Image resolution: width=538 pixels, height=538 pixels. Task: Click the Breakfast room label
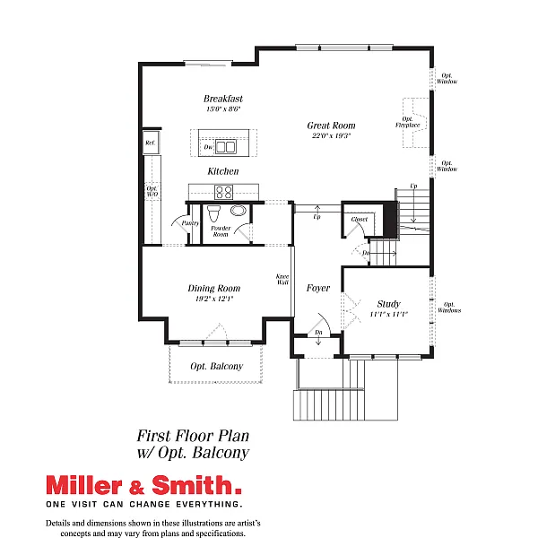(x=223, y=99)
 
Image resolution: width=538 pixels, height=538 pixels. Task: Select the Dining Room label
(x=213, y=289)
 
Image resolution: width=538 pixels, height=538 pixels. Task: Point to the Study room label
(x=388, y=304)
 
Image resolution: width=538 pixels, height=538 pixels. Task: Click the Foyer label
(x=318, y=289)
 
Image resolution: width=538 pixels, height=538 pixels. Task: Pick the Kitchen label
(x=223, y=171)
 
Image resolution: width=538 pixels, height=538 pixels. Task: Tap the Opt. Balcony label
(x=216, y=367)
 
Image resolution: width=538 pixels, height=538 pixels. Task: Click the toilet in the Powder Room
(x=213, y=215)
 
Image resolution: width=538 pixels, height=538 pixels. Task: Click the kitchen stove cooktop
(x=223, y=191)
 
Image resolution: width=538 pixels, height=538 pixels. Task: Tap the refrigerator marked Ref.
(x=150, y=143)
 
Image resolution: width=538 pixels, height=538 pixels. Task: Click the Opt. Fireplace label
(x=408, y=122)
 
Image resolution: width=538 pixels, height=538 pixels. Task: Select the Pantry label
(x=190, y=222)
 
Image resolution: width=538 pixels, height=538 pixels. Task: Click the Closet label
(x=360, y=219)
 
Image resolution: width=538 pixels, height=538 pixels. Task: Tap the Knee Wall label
(x=282, y=279)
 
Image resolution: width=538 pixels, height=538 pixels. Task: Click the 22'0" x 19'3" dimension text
(x=331, y=136)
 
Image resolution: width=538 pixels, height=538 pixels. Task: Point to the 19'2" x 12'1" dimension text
(x=213, y=299)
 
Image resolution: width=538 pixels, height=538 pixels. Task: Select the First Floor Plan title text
(x=192, y=435)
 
